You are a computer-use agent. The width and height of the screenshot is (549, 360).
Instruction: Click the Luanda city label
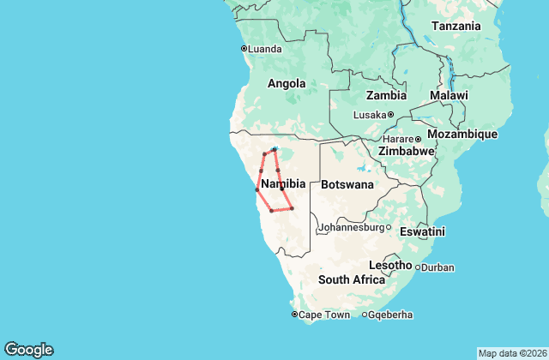(x=264, y=49)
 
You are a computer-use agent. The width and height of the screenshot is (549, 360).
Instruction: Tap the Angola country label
(x=287, y=84)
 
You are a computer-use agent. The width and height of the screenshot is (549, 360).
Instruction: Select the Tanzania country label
(x=455, y=26)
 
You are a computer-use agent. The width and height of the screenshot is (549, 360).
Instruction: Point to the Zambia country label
(x=386, y=95)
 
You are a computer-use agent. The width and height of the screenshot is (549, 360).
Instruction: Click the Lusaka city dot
(x=390, y=115)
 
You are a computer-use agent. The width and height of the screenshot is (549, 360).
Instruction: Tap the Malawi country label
(x=449, y=95)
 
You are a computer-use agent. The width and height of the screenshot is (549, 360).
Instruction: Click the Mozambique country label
(x=486, y=135)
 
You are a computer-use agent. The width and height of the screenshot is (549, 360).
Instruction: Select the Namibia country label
(x=283, y=184)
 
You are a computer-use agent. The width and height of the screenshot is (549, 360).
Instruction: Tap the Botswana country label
(x=347, y=184)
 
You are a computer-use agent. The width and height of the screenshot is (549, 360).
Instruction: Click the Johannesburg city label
(x=351, y=228)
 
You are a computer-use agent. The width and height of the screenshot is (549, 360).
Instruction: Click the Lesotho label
(x=391, y=264)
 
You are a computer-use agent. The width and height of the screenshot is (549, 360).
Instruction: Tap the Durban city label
(x=437, y=267)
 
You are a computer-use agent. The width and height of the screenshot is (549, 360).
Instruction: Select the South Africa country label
(x=352, y=280)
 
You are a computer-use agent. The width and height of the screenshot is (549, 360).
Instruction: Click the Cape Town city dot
(x=294, y=315)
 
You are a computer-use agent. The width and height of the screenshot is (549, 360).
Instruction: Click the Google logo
(x=28, y=350)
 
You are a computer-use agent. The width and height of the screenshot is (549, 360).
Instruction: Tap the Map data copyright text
(x=511, y=353)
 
